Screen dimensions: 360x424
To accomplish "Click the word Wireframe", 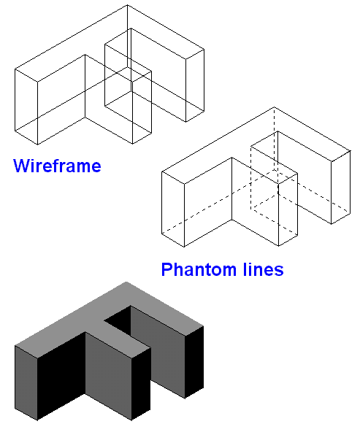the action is (x=57, y=166).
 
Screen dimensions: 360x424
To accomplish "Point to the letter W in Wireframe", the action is (x=22, y=166).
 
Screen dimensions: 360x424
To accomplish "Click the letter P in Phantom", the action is (x=166, y=269).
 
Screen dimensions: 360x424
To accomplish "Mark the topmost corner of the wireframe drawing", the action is (x=127, y=4).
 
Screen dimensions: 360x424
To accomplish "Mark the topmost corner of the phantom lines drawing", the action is (x=274, y=107).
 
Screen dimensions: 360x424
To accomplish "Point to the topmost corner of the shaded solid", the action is (x=126, y=282).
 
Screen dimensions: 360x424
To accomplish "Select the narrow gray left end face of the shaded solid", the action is (x=26, y=383).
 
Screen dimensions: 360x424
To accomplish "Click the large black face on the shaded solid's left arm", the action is (x=61, y=376).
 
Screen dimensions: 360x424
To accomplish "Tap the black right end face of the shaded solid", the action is (x=194, y=362).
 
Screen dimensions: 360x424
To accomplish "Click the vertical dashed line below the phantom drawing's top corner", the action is (x=275, y=139).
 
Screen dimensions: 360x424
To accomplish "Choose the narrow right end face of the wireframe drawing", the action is (x=195, y=85).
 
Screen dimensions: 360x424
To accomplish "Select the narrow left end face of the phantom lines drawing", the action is (x=173, y=209).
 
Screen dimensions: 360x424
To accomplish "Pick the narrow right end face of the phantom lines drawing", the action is (x=341, y=187).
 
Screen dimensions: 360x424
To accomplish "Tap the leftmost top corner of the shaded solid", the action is (x=15, y=346).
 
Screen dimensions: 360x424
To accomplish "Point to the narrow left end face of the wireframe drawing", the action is (x=26, y=107).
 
